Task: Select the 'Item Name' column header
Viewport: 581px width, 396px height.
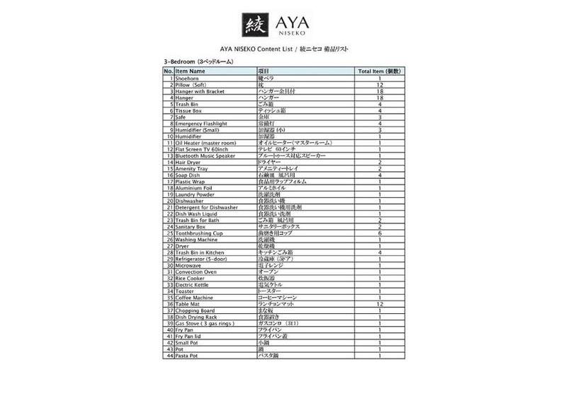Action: pos(191,71)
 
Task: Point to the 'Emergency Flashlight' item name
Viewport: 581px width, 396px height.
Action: pos(201,124)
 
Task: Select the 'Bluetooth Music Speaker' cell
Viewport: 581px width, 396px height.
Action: pos(205,156)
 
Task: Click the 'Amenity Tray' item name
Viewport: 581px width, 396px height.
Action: pos(193,169)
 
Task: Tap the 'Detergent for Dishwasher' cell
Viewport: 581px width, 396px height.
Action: pos(206,207)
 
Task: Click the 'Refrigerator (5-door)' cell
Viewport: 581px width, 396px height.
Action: pos(201,259)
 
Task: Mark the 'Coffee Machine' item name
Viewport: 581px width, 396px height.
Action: pos(196,298)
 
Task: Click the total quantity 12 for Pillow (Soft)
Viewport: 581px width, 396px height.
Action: pos(380,85)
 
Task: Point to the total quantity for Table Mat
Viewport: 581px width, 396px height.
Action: pos(380,304)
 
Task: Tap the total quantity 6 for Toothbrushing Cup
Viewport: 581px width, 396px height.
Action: pos(380,233)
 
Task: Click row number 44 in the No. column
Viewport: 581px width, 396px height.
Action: pos(169,356)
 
